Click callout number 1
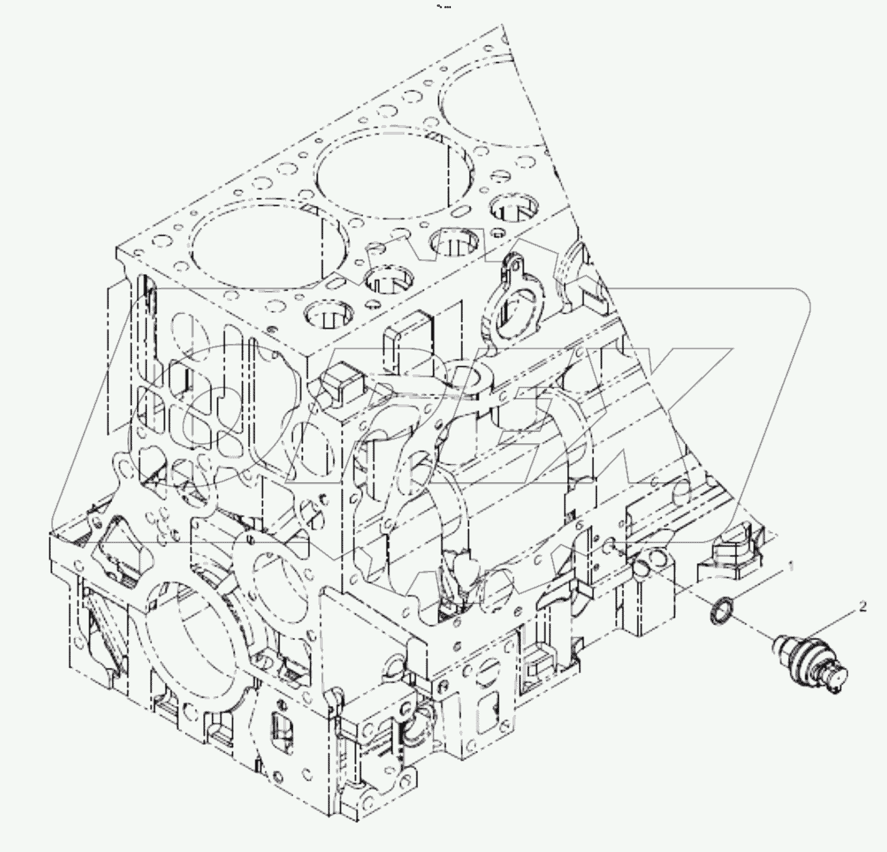(x=787, y=568)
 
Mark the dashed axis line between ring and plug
(x=753, y=627)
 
